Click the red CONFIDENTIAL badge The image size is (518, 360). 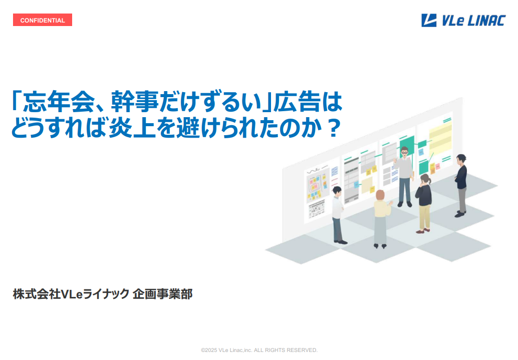(43, 20)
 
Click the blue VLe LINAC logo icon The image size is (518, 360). (429, 20)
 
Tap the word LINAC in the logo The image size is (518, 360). (486, 21)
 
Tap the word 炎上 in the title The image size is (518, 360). (132, 128)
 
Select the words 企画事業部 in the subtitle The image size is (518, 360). (162, 293)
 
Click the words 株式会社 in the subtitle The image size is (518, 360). (37, 293)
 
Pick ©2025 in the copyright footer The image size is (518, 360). (209, 350)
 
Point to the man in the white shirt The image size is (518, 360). (338, 215)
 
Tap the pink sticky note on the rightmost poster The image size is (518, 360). (438, 166)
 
